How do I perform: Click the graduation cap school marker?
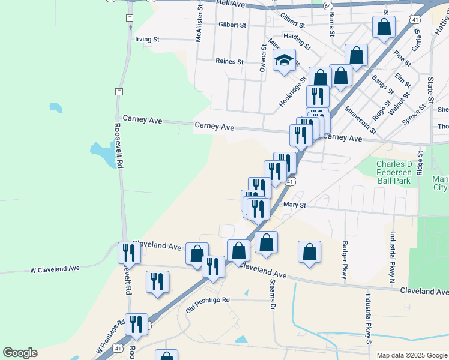285,60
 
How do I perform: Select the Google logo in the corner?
20,353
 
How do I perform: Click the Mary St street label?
294,205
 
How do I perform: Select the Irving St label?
147,39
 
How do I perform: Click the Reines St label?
229,61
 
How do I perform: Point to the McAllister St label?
198,21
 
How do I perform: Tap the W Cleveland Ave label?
55,269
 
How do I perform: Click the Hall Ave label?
231,4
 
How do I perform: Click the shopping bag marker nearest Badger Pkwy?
309,253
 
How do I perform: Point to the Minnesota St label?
361,120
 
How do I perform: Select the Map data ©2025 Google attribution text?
412,355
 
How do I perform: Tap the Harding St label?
297,41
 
